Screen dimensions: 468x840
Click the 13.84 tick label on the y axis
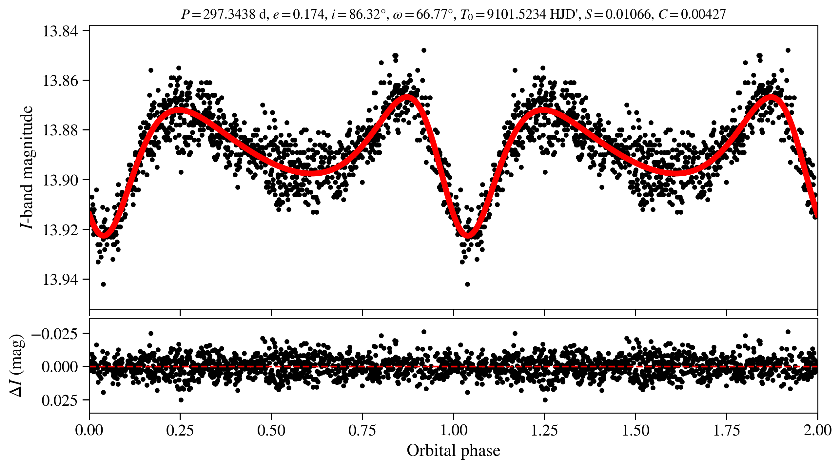click(x=61, y=31)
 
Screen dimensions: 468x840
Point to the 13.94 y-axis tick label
click(x=61, y=280)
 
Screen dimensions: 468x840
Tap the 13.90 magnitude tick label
click(x=61, y=180)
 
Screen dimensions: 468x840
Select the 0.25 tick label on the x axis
click(x=180, y=431)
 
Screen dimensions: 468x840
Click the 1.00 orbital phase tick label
click(x=453, y=431)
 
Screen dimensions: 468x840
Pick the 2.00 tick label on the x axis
click(x=817, y=431)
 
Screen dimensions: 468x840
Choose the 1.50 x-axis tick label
click(x=635, y=431)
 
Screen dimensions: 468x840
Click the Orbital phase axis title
click(x=453, y=451)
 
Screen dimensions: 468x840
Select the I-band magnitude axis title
click(x=27, y=167)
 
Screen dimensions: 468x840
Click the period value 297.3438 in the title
click(x=229, y=14)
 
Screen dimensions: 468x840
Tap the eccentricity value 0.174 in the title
click(x=308, y=14)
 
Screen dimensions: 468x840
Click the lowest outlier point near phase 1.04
click(x=468, y=284)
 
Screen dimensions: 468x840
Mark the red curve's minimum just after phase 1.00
click(x=468, y=235)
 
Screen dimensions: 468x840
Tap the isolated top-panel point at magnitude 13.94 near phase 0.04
click(x=103, y=284)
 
